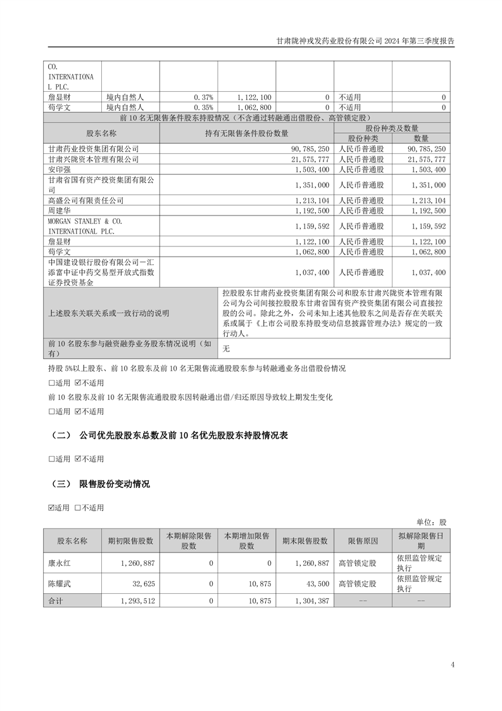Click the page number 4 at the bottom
pos(453,665)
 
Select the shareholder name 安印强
pos(60,170)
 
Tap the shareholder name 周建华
pos(60,210)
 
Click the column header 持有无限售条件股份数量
pos(246,133)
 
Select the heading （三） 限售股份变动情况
pos(101,484)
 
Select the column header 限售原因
pos(363,541)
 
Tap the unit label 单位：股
pos(431,522)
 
